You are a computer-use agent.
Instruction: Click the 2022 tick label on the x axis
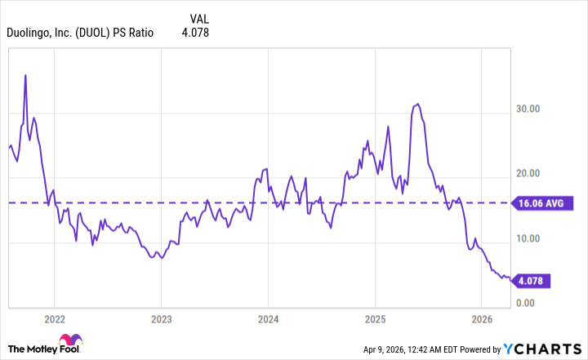coord(55,319)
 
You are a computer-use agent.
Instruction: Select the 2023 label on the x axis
coord(162,319)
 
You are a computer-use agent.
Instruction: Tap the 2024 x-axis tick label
coord(269,319)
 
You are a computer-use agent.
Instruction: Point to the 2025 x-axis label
coord(375,319)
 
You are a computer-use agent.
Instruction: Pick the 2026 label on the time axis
coord(482,319)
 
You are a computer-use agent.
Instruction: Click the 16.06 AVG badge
coord(531,203)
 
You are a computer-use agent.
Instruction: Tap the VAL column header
coord(198,18)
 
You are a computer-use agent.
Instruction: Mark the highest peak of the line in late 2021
coord(25,75)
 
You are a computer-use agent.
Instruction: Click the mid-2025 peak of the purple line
coord(417,104)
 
